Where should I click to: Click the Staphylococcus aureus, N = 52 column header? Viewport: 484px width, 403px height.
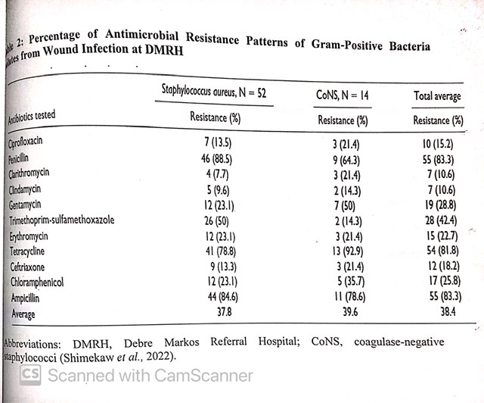coord(215,93)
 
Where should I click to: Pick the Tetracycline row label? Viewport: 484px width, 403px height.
coord(32,251)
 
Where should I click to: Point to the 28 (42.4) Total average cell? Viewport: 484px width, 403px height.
coord(438,220)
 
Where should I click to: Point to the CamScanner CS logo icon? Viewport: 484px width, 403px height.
coord(31,374)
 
